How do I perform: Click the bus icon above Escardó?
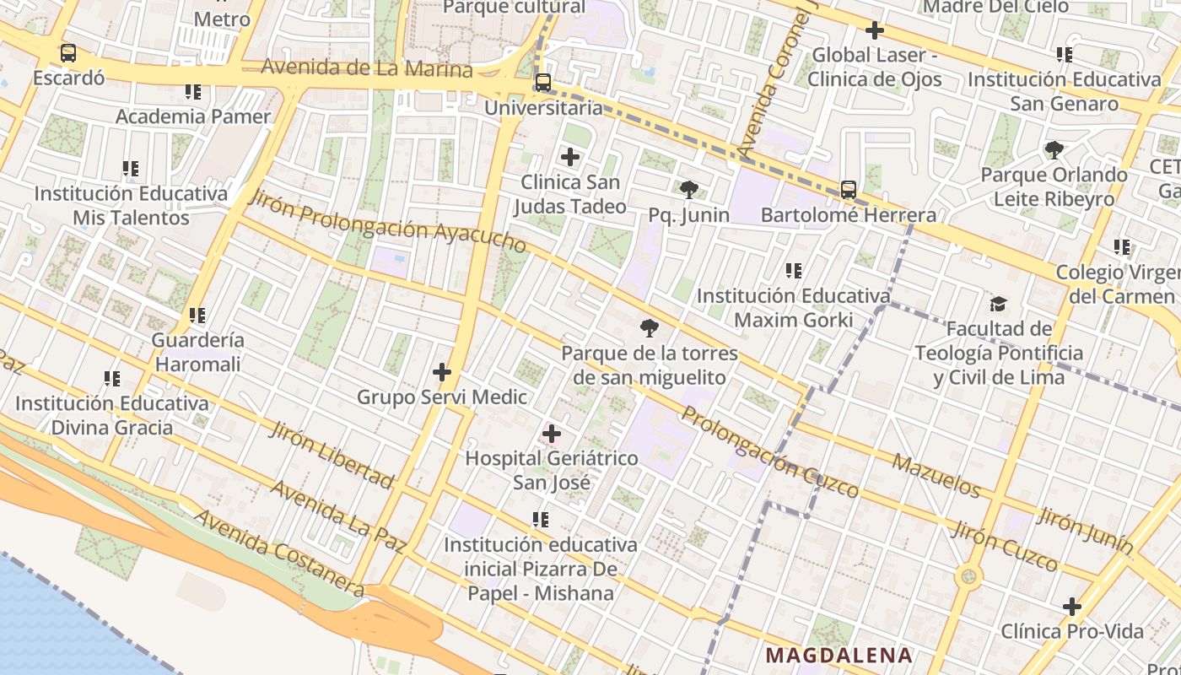68,53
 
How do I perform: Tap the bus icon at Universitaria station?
543,83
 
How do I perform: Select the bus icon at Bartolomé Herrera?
849,190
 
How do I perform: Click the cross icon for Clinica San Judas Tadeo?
570,157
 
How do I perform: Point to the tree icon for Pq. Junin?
689,190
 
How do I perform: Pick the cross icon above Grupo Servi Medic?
441,371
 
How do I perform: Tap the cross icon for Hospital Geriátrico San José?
552,435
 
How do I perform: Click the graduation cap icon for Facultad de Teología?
999,304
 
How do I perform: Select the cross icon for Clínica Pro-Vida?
1072,607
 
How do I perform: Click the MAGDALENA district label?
839,656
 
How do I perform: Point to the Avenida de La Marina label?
367,67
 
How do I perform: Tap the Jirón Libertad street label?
332,455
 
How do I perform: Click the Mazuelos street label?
936,476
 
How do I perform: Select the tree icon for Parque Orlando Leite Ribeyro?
1054,150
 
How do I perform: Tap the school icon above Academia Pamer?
193,91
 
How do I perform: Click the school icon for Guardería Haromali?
197,316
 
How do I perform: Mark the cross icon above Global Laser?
875,30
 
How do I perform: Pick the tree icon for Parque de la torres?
650,328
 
